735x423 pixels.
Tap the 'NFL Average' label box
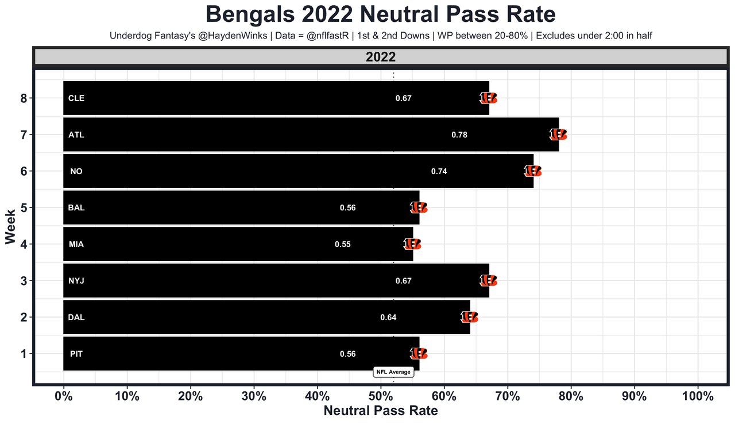393,372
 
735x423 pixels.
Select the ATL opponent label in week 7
76,135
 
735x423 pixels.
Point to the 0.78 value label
459,135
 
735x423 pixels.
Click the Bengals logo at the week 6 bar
533,171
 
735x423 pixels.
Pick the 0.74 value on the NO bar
439,171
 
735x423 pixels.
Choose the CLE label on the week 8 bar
76,98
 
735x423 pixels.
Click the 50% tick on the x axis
381,397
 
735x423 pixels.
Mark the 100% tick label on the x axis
698,397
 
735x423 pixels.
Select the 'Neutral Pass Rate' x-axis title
381,411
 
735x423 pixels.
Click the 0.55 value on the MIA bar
343,244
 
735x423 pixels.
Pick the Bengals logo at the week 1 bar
419,353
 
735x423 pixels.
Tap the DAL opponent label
76,317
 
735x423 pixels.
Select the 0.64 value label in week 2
388,317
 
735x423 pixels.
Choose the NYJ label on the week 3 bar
76,281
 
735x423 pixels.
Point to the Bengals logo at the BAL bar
419,207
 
